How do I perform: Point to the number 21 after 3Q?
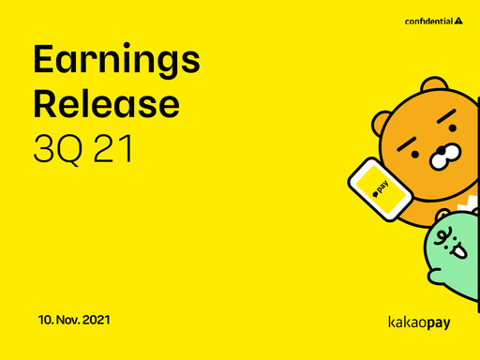click(112, 147)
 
